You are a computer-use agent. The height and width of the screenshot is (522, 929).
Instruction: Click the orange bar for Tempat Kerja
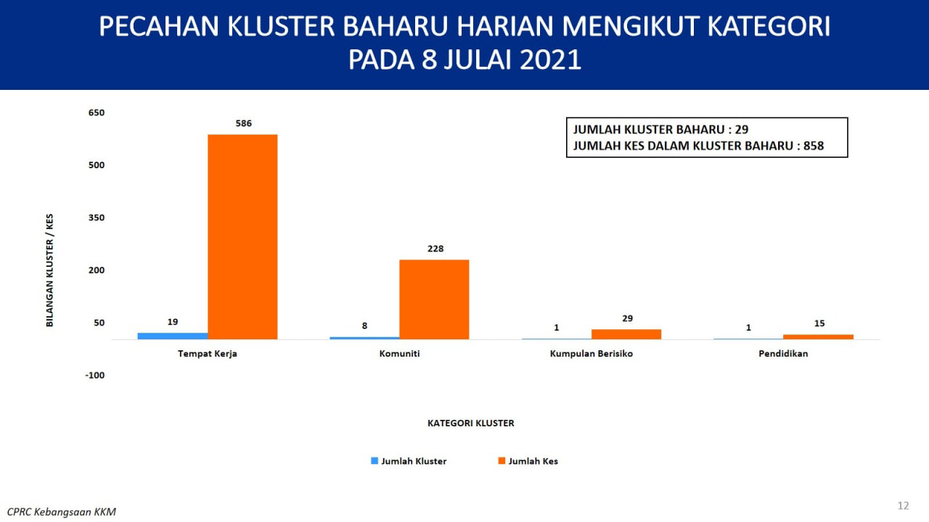(242, 237)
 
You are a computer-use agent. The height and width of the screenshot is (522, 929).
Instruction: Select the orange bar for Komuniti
(434, 299)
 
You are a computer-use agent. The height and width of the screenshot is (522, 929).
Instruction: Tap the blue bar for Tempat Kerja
(173, 336)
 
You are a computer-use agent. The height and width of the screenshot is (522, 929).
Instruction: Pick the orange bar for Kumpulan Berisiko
(626, 334)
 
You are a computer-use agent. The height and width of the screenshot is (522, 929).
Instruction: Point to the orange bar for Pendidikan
(818, 337)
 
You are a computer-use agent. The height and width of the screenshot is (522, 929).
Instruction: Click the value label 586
(243, 123)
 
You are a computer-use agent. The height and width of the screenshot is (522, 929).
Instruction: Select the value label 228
(435, 249)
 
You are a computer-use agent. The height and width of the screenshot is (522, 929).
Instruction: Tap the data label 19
(173, 322)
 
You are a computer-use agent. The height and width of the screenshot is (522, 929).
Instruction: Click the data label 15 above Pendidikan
(819, 323)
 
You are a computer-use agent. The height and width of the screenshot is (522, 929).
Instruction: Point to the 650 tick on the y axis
(97, 112)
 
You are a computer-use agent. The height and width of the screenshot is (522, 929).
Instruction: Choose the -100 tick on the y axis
(94, 376)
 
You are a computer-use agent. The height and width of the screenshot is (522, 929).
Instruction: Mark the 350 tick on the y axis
(97, 218)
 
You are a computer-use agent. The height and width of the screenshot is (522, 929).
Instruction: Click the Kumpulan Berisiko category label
(592, 354)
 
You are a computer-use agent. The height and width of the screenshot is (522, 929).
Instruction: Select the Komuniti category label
(399, 354)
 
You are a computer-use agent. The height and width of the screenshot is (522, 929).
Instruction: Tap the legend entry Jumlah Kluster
(409, 461)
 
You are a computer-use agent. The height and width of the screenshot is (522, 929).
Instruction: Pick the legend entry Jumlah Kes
(528, 461)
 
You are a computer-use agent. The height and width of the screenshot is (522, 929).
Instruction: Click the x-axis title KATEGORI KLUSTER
(471, 423)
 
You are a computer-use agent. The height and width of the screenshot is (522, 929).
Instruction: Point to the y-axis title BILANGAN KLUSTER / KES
(50, 270)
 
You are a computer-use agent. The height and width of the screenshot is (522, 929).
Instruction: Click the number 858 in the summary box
(814, 146)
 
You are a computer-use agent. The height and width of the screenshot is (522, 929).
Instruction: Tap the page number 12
(904, 506)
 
